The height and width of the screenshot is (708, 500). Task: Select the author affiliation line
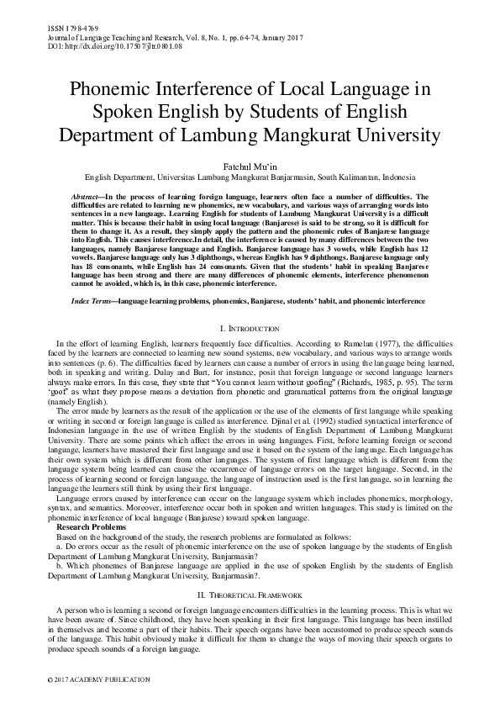click(x=250, y=178)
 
